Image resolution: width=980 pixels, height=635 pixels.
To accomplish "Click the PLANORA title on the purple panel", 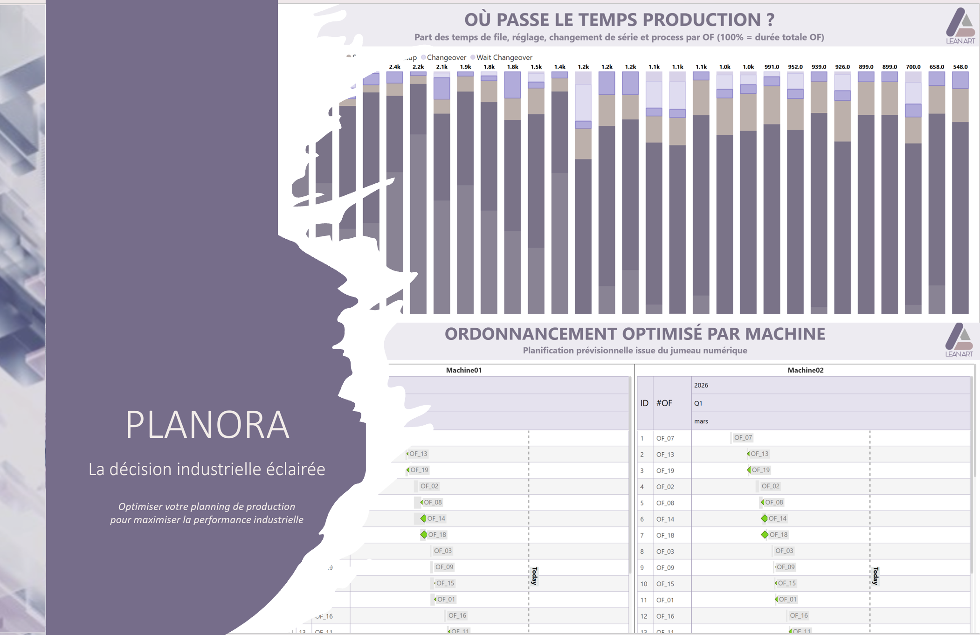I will [207, 425].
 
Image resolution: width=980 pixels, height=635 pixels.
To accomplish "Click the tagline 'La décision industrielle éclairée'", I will [207, 469].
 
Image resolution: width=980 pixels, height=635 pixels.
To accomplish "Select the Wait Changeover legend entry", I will [504, 57].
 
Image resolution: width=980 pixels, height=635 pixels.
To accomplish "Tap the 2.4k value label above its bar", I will [394, 67].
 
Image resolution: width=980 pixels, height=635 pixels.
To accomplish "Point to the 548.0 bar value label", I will [960, 67].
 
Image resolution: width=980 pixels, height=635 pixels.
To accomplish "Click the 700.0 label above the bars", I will [913, 67].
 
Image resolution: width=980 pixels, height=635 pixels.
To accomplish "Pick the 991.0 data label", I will [772, 67].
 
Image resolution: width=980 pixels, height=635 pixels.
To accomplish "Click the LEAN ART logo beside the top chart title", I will [960, 26].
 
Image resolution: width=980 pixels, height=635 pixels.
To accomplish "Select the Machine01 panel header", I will [464, 370].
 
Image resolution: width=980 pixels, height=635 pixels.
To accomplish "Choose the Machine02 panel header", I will [805, 370].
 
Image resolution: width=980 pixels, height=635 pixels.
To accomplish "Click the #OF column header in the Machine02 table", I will [664, 403].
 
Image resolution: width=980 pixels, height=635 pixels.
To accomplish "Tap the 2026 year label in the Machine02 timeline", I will [701, 385].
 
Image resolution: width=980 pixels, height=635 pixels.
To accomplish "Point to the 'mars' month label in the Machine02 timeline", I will [701, 421].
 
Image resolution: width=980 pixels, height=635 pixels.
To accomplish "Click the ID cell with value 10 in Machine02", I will [644, 584].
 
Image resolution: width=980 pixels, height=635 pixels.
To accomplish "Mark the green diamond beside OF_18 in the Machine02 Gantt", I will [765, 535].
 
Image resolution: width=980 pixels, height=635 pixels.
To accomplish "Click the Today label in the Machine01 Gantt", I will [535, 576].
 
